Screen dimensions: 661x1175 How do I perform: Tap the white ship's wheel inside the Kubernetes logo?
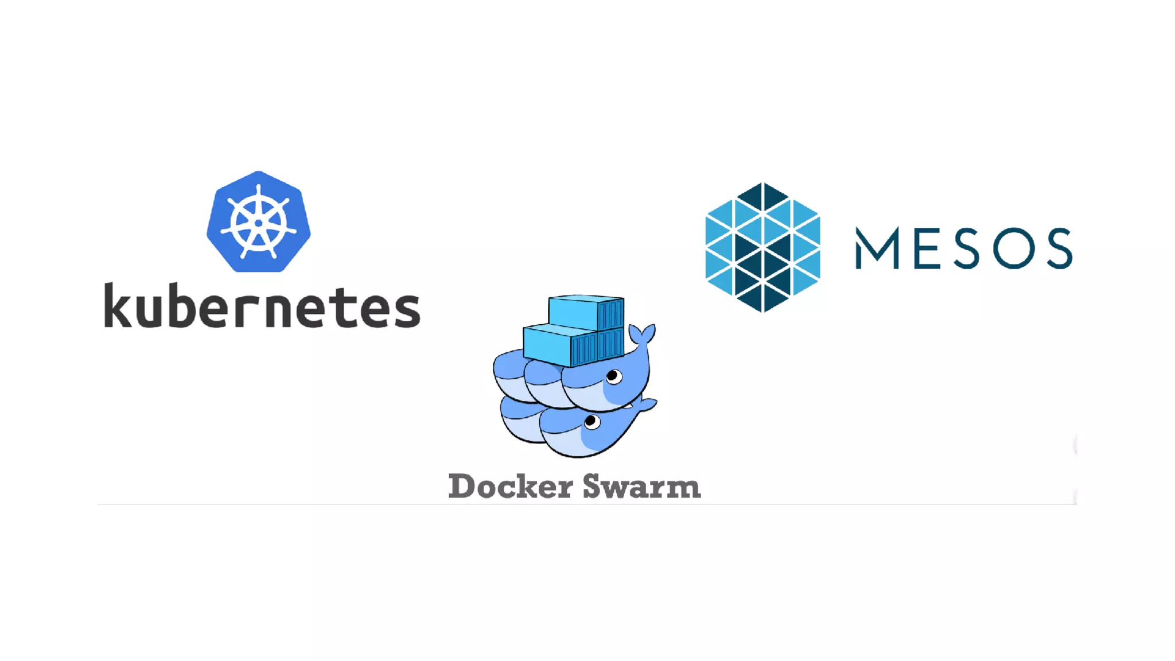pos(259,223)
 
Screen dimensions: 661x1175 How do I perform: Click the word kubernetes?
pos(262,306)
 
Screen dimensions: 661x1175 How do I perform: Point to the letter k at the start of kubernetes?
pos(119,306)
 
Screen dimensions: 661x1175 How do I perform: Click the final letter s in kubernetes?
pos(407,310)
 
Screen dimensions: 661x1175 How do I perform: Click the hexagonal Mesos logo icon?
pos(762,247)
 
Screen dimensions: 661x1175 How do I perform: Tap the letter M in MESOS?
pos(877,248)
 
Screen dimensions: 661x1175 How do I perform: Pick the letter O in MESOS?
pos(1014,248)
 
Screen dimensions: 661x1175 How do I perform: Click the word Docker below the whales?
pos(510,487)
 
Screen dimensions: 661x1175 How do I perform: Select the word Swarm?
pos(641,487)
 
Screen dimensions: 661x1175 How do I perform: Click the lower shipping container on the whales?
pos(573,345)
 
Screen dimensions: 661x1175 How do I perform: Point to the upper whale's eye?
pos(613,376)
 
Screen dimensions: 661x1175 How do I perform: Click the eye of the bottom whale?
pos(592,423)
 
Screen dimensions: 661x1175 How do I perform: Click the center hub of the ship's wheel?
pos(259,223)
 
